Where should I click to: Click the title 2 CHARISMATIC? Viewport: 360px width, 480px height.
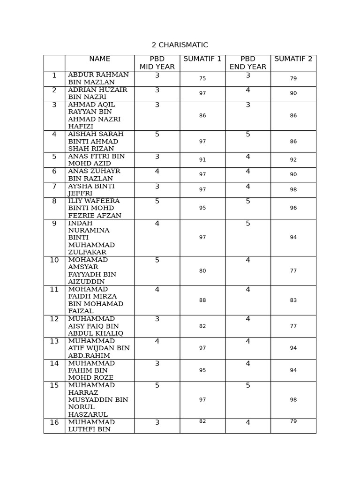180,45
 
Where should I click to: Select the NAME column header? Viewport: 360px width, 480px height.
99,59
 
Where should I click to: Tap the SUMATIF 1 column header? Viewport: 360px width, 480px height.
202,59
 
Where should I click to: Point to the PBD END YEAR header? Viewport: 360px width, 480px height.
247,63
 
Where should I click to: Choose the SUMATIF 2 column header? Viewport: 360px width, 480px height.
293,59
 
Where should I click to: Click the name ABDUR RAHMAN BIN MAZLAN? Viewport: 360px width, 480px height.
98,78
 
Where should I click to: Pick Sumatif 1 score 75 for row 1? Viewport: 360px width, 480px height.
202,79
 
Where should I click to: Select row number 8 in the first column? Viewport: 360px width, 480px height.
54,202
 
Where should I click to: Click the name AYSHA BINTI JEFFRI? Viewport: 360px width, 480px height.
91,189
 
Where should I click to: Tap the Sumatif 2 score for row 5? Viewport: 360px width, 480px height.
293,160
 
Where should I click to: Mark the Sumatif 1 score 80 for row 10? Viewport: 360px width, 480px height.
202,271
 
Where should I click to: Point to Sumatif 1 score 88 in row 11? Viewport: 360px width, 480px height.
202,300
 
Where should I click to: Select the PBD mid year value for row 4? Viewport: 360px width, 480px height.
157,135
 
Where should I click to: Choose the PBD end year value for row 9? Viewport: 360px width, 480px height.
248,224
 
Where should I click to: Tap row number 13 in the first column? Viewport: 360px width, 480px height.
54,341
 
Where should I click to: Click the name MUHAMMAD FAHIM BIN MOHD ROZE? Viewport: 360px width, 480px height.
91,370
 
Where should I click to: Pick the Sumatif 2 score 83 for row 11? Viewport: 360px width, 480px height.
293,300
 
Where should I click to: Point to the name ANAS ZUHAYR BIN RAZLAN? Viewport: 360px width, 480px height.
94,175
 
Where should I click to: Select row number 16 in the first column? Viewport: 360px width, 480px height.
54,422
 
